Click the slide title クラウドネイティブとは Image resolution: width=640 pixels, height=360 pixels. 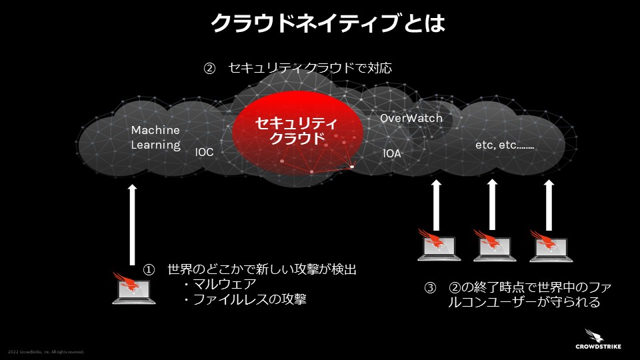click(327, 25)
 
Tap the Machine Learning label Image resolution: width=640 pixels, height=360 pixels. click(155, 137)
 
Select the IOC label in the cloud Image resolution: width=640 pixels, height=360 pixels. click(204, 153)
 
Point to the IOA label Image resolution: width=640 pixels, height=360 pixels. click(392, 154)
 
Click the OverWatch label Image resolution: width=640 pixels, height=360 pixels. click(411, 119)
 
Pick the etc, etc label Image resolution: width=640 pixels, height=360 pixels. click(505, 145)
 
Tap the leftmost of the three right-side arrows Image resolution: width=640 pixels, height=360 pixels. click(436, 203)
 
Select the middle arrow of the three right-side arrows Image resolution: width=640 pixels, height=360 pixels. click(492, 203)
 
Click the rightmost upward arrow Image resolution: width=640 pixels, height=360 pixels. click(549, 203)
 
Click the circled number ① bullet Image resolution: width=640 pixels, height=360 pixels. click(149, 270)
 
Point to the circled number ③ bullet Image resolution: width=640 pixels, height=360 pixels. click(431, 288)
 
